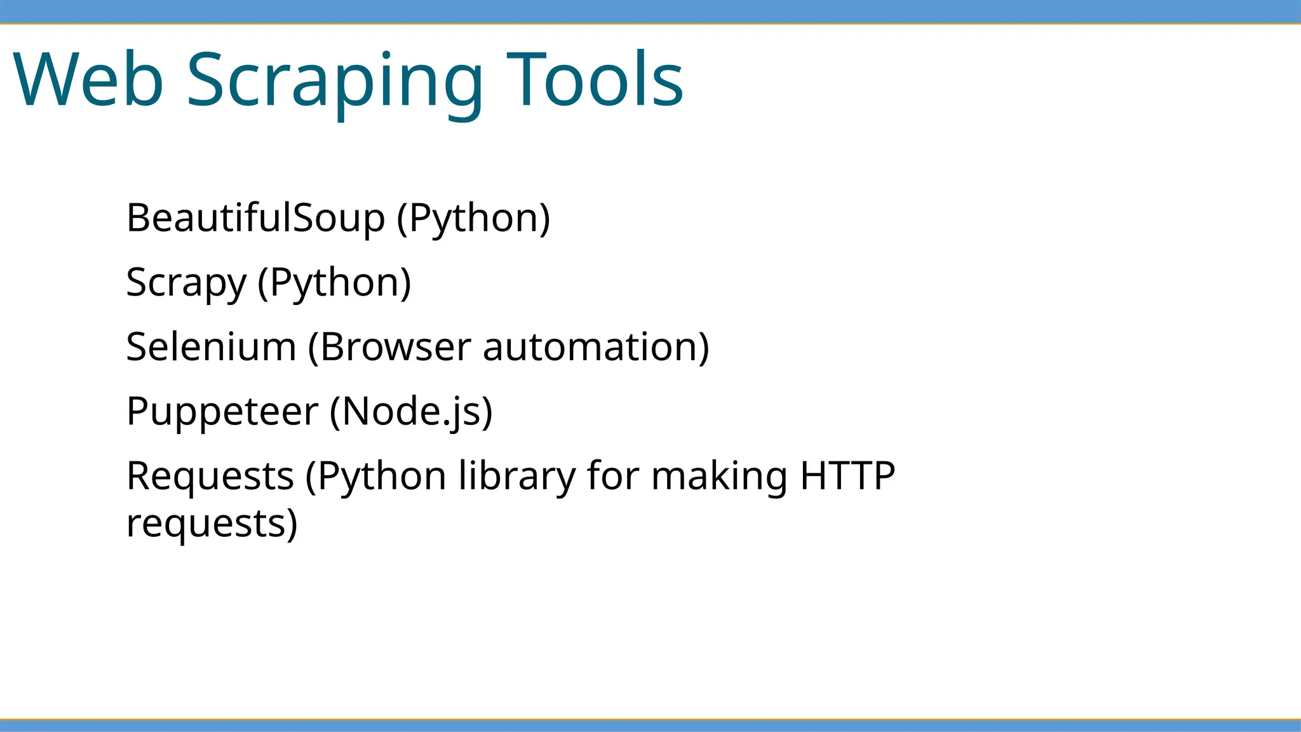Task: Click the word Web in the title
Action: [x=88, y=80]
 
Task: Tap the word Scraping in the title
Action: [x=335, y=81]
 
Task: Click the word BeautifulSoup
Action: [x=255, y=218]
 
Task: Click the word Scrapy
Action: [x=186, y=283]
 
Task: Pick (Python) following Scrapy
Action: [x=334, y=283]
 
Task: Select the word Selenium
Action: [x=211, y=347]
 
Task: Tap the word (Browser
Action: [x=390, y=347]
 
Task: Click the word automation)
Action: [x=596, y=347]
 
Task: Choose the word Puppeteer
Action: [x=222, y=412]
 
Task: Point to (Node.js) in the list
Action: [x=411, y=412]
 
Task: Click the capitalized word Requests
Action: [x=210, y=476]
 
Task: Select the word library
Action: [x=516, y=476]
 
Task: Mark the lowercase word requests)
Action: [x=212, y=524]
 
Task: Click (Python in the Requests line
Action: [x=376, y=476]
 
